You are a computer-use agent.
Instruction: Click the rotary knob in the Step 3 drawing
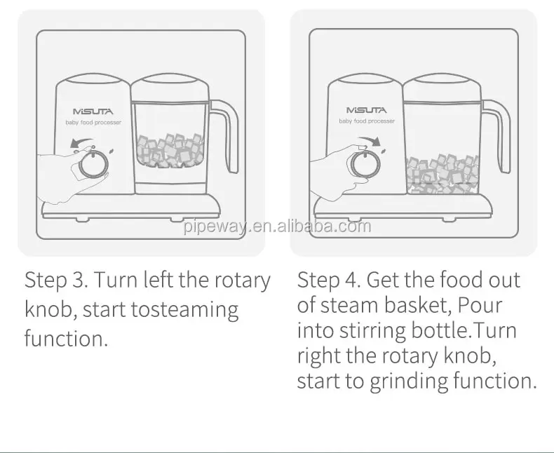93,165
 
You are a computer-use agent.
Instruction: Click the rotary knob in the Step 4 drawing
365,164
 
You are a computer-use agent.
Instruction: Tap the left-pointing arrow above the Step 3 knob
81,142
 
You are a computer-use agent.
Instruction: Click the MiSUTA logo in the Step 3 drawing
93,111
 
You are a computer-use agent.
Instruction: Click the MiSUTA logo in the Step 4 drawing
366,110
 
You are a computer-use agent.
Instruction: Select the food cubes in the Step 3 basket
170,150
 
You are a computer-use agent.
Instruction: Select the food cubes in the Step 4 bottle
442,174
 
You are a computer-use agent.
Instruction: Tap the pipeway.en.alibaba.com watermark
278,226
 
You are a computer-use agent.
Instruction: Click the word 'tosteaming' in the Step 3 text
185,310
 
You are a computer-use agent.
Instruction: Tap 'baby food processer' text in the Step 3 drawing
93,123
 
